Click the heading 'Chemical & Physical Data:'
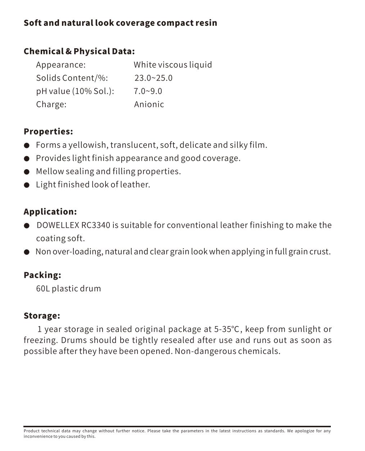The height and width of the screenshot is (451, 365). (79, 51)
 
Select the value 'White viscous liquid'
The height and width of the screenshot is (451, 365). (173, 65)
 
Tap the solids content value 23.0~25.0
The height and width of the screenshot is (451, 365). (153, 78)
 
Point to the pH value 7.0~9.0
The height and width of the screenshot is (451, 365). (148, 91)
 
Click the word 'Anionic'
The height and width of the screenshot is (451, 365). (149, 104)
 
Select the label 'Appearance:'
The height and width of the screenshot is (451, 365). (61, 65)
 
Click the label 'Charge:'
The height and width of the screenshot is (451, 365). (51, 104)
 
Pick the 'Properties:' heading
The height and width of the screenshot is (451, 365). (48, 131)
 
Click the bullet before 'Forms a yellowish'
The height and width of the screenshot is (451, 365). (27, 145)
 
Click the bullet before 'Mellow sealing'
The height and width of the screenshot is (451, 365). (27, 172)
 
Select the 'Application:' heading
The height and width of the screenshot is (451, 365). (50, 212)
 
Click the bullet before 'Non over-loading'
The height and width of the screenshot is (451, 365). (27, 252)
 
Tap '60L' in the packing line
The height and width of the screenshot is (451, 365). (43, 289)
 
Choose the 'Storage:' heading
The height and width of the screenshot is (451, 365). (42, 316)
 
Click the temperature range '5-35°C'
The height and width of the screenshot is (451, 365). (227, 329)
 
